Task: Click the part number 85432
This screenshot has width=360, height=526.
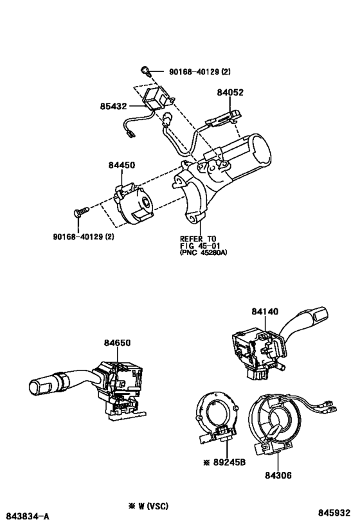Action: coord(113,107)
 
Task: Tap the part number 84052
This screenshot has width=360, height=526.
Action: coord(230,92)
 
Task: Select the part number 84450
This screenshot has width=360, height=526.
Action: coord(122,165)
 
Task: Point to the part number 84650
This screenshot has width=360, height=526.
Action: coord(117,343)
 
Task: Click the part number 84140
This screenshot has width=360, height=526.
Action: coord(265,311)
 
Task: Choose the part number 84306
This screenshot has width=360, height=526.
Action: coord(278,475)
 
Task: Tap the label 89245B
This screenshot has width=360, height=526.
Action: coord(230,462)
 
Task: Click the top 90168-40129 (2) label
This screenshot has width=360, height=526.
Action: coord(200,71)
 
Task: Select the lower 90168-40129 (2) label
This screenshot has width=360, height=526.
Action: coord(84,236)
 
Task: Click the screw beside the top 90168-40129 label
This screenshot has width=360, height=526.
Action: coord(145,71)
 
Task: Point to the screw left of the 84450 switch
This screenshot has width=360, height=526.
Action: coord(81,211)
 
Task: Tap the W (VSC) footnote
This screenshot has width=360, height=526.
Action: coord(148,506)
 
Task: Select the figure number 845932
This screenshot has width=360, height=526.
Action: coord(334,513)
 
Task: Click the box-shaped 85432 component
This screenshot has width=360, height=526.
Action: coord(156,96)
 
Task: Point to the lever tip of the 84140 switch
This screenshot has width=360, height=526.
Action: coord(319,313)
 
